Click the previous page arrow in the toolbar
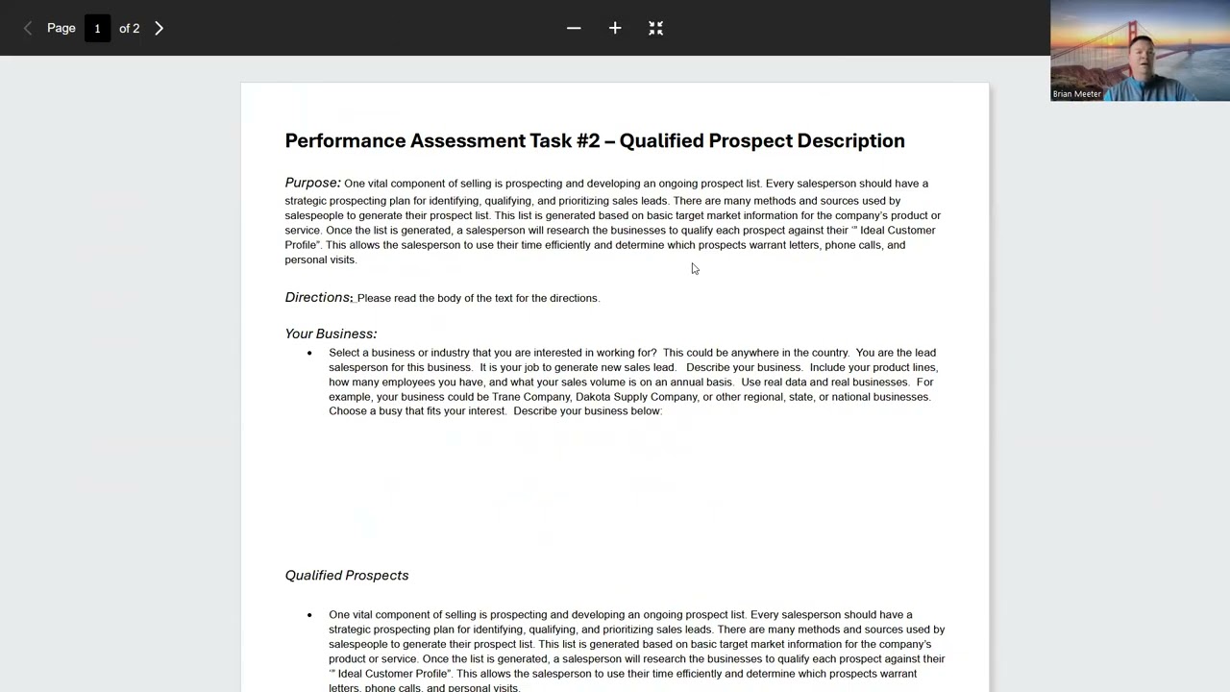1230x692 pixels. (28, 29)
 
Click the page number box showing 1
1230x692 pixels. (97, 29)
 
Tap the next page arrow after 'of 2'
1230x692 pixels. (160, 29)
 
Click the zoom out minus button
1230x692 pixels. (574, 29)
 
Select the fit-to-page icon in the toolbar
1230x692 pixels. (656, 29)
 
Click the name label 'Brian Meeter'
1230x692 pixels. (1077, 94)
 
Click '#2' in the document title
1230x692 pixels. (588, 141)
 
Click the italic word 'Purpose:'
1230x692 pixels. (312, 183)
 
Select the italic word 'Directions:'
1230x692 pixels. (318, 298)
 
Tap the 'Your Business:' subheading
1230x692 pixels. (331, 334)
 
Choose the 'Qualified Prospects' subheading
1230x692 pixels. (346, 576)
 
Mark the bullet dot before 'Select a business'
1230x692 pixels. (309, 353)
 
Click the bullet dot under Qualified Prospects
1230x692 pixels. (309, 615)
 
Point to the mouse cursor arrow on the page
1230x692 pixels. (695, 269)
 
